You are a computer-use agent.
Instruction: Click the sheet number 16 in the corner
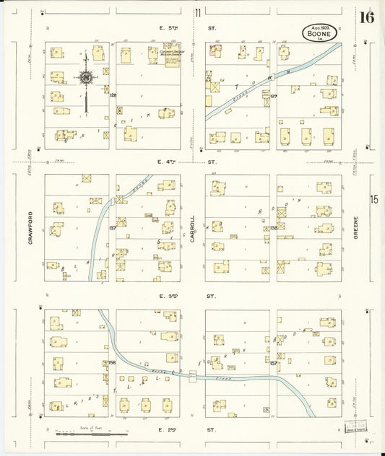[x=367, y=17]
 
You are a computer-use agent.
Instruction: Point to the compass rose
[x=85, y=77]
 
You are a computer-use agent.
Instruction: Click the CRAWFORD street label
[x=31, y=227]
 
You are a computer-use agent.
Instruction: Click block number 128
[x=113, y=95]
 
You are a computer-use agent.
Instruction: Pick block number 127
[x=274, y=95]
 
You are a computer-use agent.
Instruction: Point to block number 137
[x=113, y=228]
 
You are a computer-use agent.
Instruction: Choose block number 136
[x=274, y=228]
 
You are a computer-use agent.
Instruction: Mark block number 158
[x=113, y=361]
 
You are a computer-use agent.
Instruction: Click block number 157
[x=274, y=363]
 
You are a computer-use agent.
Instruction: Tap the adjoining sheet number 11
[x=197, y=12]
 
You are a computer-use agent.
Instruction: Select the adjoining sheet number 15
[x=374, y=200]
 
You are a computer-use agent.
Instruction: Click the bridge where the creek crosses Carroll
[x=193, y=376]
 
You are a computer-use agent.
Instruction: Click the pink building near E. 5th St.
[x=215, y=50]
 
